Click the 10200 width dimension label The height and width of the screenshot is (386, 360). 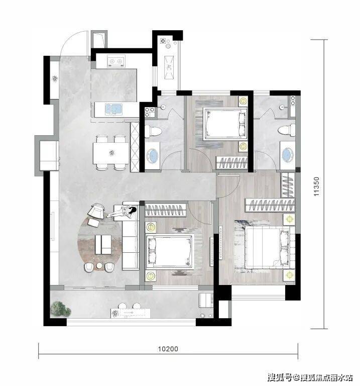pos(168,349)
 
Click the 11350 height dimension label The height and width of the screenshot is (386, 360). pos(316,186)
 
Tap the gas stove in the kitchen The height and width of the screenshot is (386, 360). pos(116,61)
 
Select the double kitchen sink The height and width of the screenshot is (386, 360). pos(113,110)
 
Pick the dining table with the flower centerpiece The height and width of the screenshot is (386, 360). pos(111,153)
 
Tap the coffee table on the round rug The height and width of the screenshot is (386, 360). pos(103,244)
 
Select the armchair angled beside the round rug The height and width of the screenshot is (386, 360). pos(96,211)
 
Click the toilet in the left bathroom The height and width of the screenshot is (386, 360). pos(153,131)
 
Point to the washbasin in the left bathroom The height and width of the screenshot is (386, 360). pos(153,156)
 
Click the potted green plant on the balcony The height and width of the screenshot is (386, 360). pos(61,310)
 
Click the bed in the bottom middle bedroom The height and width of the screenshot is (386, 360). pos(170,252)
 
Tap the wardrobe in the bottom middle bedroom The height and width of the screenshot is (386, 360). pos(165,210)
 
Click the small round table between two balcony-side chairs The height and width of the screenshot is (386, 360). pos(99,265)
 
